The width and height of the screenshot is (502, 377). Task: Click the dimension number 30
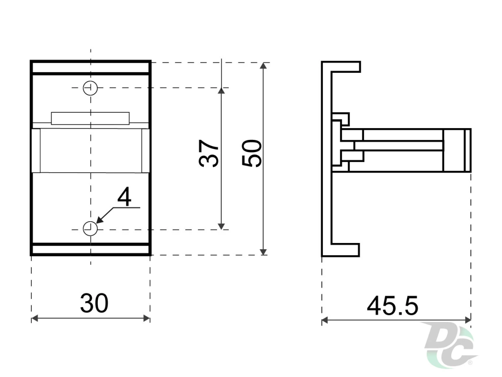point(94,303)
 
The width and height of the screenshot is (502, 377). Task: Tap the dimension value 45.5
point(392,306)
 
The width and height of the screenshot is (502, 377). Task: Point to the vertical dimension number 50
point(251,153)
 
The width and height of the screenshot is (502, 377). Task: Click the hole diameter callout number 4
point(124,196)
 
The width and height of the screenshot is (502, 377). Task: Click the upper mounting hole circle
point(90,88)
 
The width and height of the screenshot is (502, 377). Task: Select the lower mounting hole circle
point(90,228)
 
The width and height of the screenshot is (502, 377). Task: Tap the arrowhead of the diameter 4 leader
point(99,220)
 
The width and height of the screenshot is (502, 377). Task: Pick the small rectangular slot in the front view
point(90,119)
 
